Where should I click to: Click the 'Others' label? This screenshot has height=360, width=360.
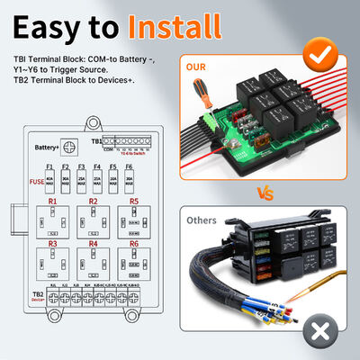coord(201,220)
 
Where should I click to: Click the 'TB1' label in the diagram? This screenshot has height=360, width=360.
coord(97,141)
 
